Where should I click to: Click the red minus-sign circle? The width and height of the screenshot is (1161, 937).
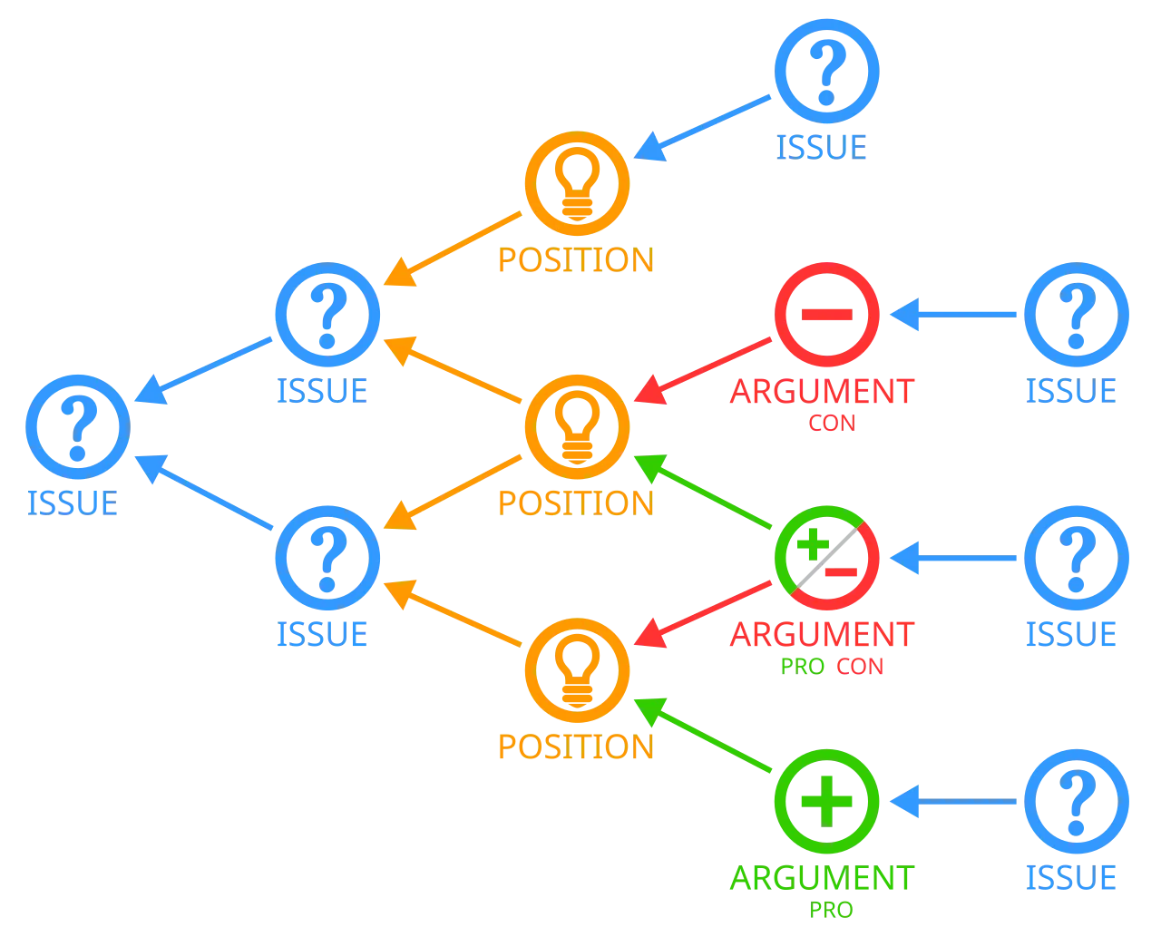[x=826, y=314]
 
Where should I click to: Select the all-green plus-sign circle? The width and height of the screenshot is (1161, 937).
[x=826, y=802]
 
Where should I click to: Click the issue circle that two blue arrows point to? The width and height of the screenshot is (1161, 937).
[x=77, y=426]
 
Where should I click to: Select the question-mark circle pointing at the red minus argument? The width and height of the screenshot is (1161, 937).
[x=1077, y=314]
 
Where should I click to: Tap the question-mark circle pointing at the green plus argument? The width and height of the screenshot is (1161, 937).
[x=1077, y=802]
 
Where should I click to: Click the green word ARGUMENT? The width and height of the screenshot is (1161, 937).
[x=822, y=878]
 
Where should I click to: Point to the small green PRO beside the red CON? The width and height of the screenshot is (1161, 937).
[x=802, y=667]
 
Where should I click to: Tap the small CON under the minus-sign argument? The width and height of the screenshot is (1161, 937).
[x=831, y=423]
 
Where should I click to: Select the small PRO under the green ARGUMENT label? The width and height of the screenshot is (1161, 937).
[x=831, y=909]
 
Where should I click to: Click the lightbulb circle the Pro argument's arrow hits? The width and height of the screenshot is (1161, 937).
[x=577, y=670]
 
